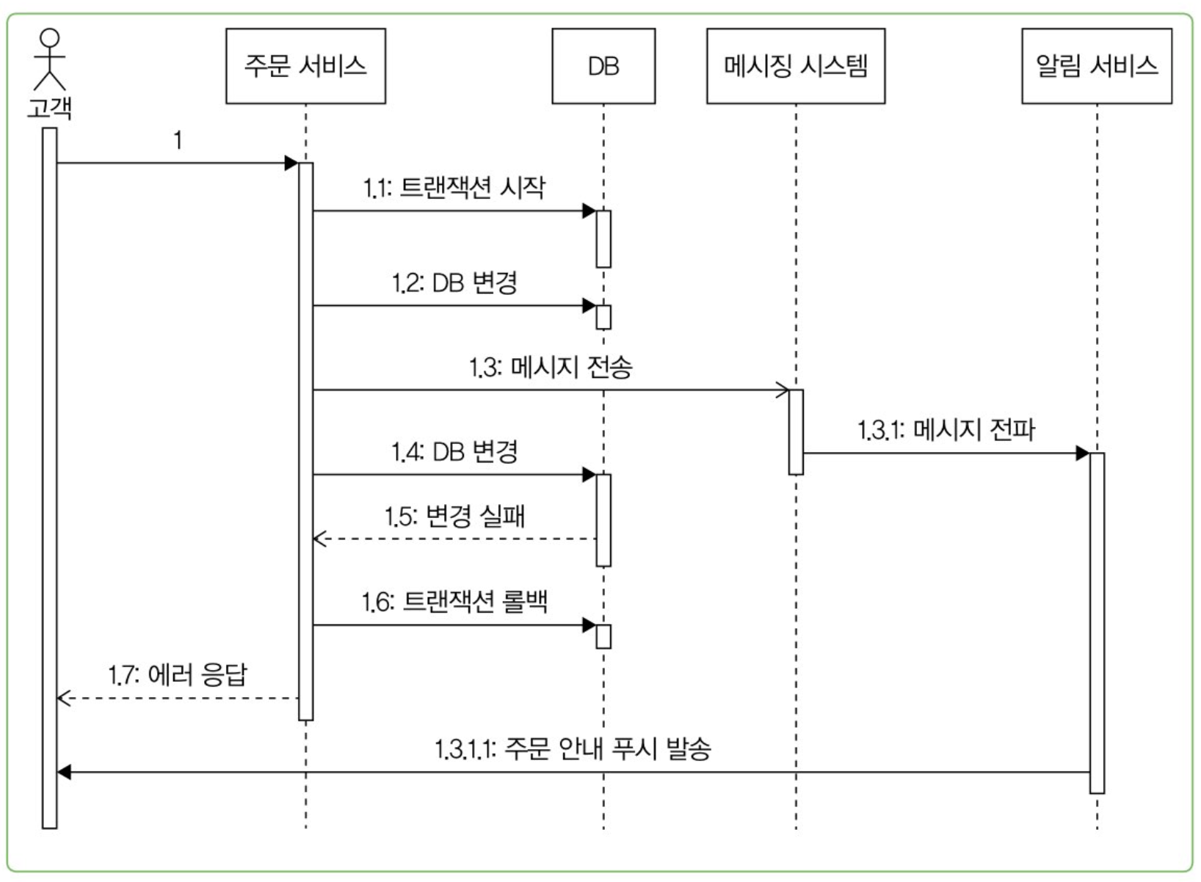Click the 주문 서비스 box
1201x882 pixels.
[305, 66]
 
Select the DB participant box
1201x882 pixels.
[603, 66]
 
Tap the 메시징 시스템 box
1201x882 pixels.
[796, 66]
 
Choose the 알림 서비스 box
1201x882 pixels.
[1097, 66]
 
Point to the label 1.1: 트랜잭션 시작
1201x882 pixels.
[454, 188]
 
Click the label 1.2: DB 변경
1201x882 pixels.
[454, 283]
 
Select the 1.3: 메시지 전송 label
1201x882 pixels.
[551, 367]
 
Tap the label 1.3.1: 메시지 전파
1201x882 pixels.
[946, 430]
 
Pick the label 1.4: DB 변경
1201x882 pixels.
[454, 451]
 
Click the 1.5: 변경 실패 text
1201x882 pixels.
[454, 517]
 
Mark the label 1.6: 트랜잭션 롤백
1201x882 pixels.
[454, 602]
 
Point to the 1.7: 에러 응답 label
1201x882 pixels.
[178, 674]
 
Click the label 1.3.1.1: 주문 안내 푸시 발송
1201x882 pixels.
[573, 749]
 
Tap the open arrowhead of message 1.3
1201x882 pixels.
[783, 390]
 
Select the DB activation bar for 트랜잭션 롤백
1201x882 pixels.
[603, 636]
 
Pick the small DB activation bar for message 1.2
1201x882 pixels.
[603, 317]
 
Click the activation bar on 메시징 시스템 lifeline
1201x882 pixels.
[796, 432]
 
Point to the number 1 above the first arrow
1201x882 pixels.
[178, 139]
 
